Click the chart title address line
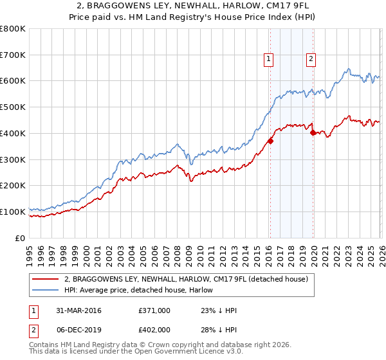pyautogui.click(x=193, y=6)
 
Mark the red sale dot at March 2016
pyautogui.click(x=270, y=141)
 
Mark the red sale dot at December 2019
pyautogui.click(x=313, y=133)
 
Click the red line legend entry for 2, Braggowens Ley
pyautogui.click(x=187, y=279)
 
